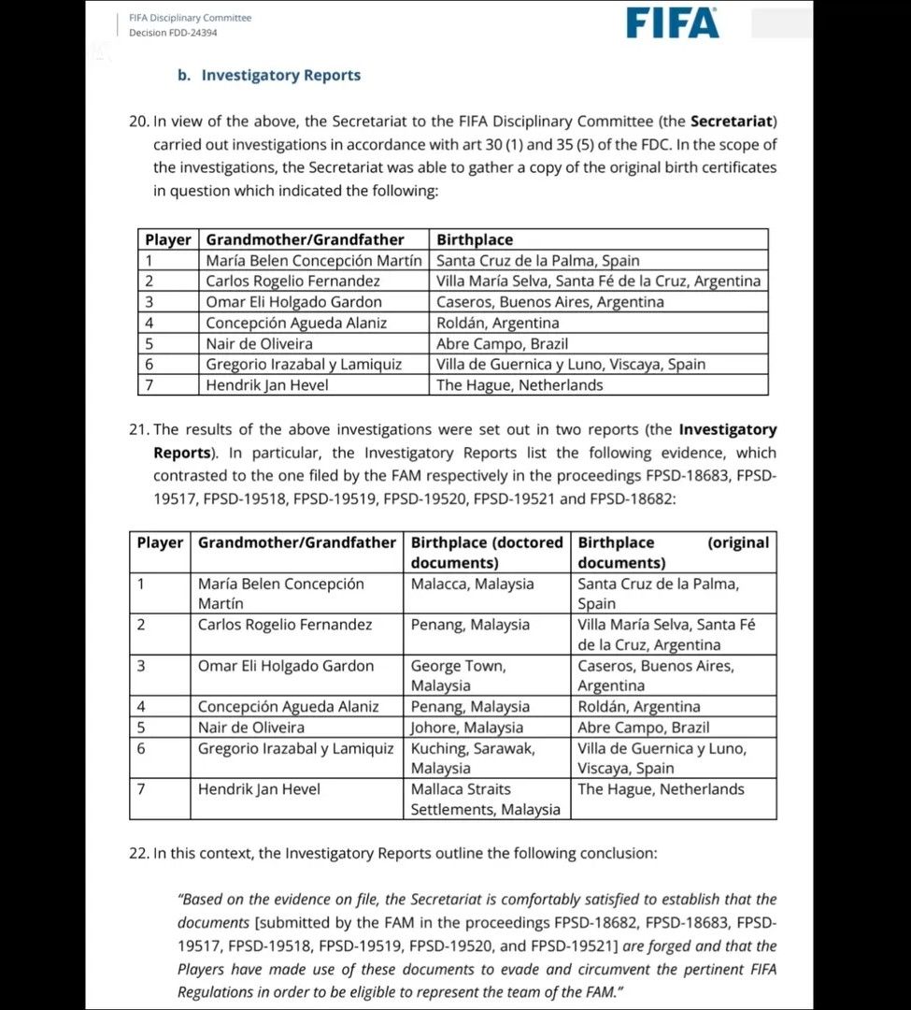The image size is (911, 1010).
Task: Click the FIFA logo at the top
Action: pos(673,22)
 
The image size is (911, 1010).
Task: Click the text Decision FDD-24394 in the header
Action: pos(173,33)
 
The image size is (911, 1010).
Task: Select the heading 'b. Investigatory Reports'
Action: pos(269,76)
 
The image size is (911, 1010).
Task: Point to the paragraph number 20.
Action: pos(138,122)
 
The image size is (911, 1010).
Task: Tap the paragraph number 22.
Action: pos(138,853)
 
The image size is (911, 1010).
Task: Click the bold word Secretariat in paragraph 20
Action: pos(732,122)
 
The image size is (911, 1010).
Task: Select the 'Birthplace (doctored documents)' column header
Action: pos(487,553)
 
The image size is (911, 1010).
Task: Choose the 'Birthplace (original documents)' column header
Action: pos(673,553)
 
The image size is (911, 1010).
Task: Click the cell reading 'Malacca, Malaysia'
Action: pos(473,584)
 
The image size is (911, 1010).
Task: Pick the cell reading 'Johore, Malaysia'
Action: pos(467,728)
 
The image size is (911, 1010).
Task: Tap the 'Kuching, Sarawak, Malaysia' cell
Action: pos(473,757)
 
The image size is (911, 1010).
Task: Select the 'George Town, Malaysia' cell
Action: pos(458,675)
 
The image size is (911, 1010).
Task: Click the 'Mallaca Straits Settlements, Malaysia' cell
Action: pos(486,799)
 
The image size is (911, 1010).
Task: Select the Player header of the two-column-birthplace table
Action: pos(160,542)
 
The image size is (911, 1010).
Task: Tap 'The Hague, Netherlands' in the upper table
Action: pos(520,385)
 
